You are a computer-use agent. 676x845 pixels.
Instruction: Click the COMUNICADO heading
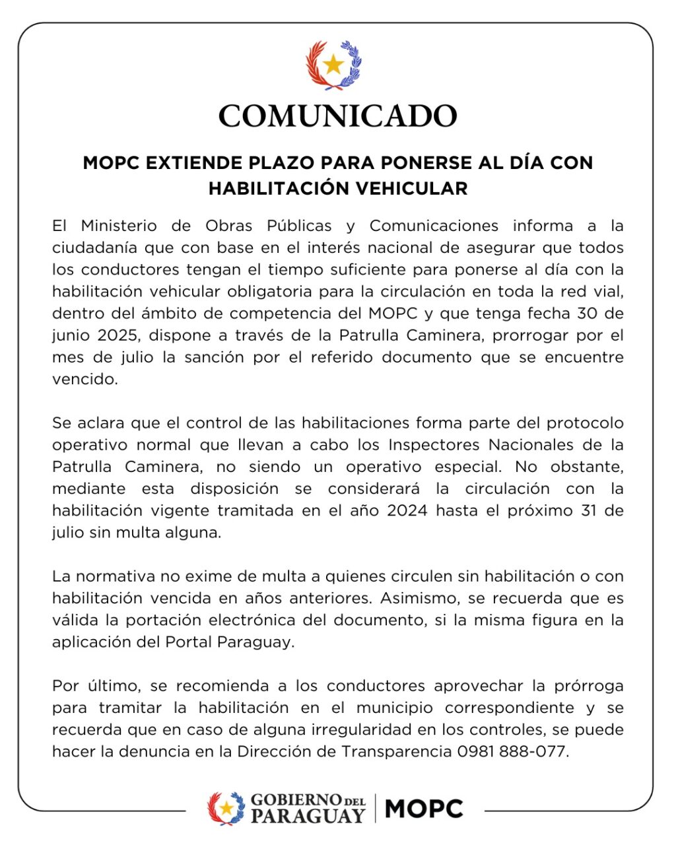pos(337,116)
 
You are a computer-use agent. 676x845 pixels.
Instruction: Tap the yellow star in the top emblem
pos(333,65)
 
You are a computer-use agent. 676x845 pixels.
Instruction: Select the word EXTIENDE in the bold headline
pos(186,163)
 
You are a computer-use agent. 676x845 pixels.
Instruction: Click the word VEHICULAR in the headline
pos(412,189)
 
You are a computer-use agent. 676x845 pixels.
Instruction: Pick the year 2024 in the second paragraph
pos(407,511)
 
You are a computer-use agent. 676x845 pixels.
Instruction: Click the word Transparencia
pos(396,752)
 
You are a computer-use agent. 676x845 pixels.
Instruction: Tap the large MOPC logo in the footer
pos(424,809)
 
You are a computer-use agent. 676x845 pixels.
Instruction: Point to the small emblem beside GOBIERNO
pos(226,809)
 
